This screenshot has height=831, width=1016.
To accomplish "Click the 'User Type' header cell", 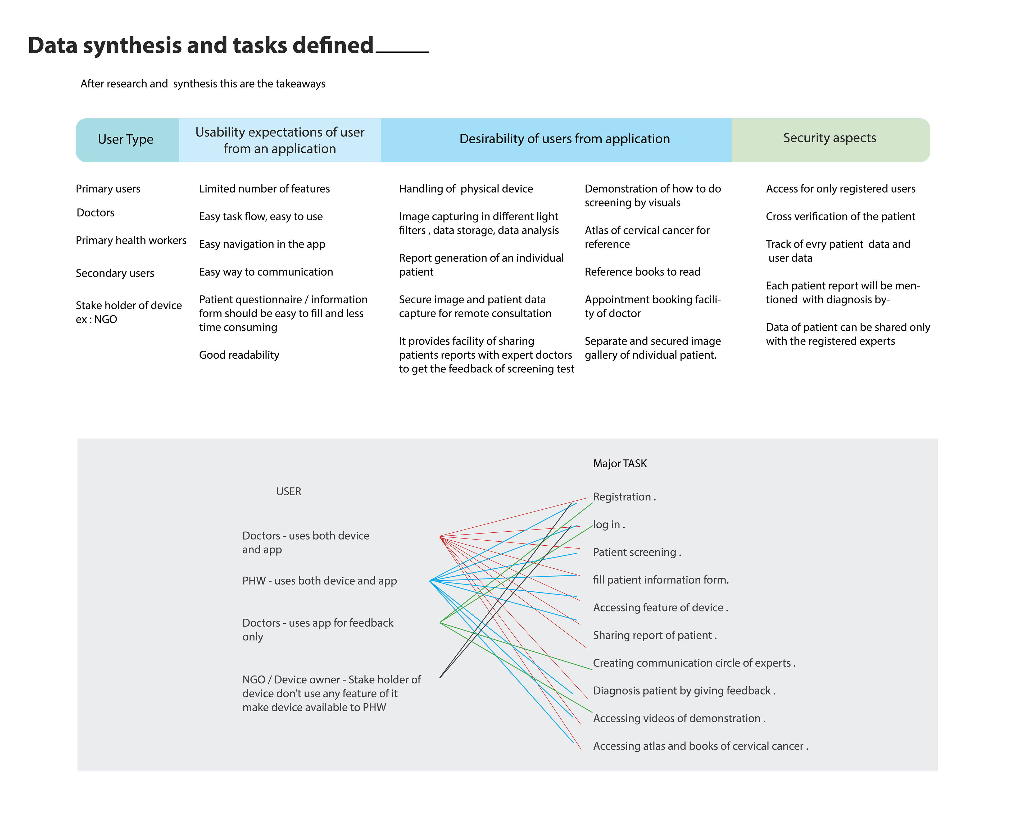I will [x=125, y=139].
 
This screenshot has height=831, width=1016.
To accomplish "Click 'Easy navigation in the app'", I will [x=262, y=244].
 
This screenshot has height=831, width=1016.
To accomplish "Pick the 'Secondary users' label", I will [x=115, y=273].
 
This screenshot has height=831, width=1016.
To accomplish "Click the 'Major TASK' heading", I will [x=620, y=463].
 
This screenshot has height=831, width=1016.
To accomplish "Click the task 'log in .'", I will [x=609, y=525].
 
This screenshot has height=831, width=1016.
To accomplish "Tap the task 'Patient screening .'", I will [x=636, y=553].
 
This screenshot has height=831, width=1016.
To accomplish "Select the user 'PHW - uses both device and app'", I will [x=319, y=581].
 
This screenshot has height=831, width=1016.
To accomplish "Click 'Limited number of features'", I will [x=264, y=189].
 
